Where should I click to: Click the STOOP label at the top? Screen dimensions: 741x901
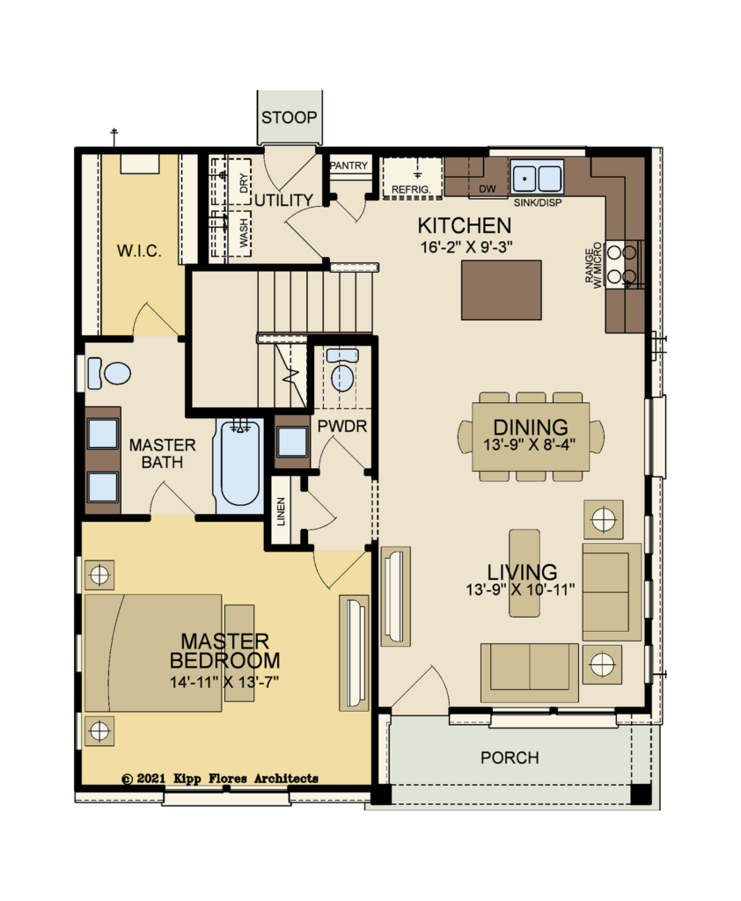[290, 118]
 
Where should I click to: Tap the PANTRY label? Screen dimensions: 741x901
[348, 165]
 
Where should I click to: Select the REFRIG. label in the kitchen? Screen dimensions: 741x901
[411, 190]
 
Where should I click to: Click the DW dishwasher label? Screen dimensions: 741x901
[488, 188]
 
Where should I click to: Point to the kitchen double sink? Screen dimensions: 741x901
[537, 178]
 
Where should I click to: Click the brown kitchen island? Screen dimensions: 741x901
[502, 289]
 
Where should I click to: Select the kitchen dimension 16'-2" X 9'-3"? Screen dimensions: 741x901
[466, 247]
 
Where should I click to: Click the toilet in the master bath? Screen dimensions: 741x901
[109, 373]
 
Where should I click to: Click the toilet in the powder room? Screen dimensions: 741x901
[342, 370]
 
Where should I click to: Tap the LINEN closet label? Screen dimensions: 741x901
[281, 512]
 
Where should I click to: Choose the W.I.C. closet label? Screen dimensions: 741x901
[139, 251]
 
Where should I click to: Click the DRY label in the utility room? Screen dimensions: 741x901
[245, 183]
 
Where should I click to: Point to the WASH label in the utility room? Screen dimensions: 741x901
[245, 232]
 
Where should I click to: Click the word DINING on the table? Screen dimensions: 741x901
[530, 428]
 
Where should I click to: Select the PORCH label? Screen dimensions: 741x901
[510, 758]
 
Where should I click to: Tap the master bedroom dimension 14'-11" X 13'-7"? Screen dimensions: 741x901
[224, 683]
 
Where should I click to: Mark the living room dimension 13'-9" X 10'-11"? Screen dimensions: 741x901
[520, 590]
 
